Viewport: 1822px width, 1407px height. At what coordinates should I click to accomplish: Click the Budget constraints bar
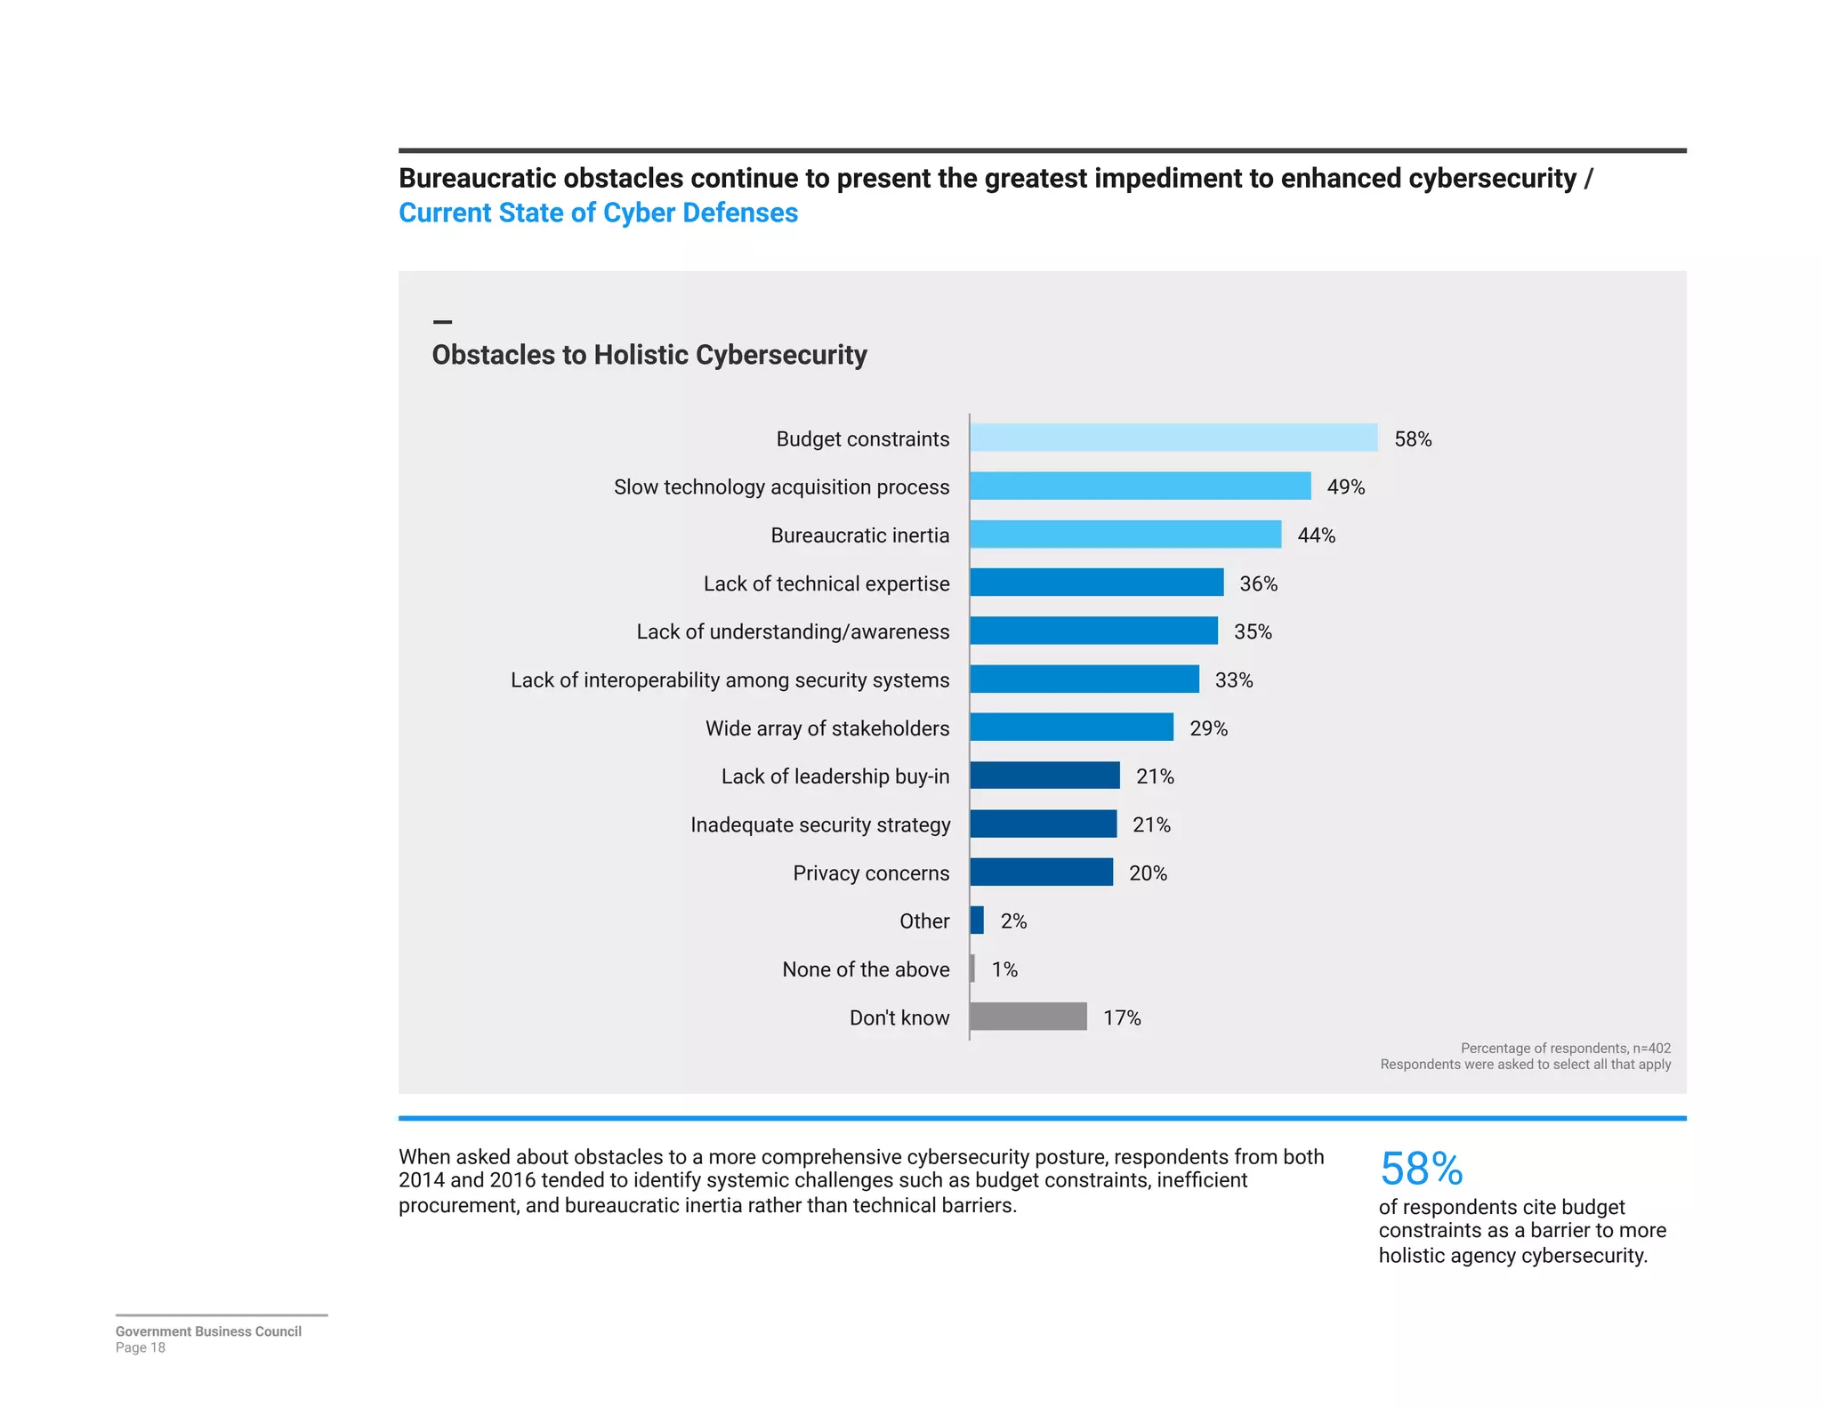click(1173, 438)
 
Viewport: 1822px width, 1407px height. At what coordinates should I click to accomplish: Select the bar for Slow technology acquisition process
click(1140, 486)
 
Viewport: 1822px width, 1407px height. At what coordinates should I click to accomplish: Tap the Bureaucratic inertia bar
click(1125, 535)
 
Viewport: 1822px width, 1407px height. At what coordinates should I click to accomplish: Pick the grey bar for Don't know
click(1028, 1017)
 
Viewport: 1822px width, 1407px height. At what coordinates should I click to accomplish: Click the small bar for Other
click(977, 921)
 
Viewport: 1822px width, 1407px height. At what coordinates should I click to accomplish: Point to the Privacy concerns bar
click(1041, 872)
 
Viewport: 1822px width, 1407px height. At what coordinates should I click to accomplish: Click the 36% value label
click(1258, 583)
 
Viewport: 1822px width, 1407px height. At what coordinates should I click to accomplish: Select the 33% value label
click(1233, 680)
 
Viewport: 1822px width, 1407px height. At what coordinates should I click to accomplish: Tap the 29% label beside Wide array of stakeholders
click(1208, 728)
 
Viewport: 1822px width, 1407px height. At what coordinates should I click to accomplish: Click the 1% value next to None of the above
click(1004, 969)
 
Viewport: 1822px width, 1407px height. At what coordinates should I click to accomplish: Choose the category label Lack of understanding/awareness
click(792, 631)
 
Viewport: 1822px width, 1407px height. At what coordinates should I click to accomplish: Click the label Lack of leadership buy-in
click(834, 776)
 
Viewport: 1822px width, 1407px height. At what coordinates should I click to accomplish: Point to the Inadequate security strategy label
click(819, 824)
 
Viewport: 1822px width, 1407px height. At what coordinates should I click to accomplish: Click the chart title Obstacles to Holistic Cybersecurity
click(649, 355)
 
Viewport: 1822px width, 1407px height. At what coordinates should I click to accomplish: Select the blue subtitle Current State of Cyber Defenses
click(598, 213)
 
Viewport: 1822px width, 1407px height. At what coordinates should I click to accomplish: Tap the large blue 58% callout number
click(1421, 1169)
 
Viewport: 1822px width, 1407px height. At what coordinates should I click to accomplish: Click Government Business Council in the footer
click(208, 1331)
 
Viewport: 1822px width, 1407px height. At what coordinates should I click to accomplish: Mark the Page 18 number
click(141, 1347)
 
